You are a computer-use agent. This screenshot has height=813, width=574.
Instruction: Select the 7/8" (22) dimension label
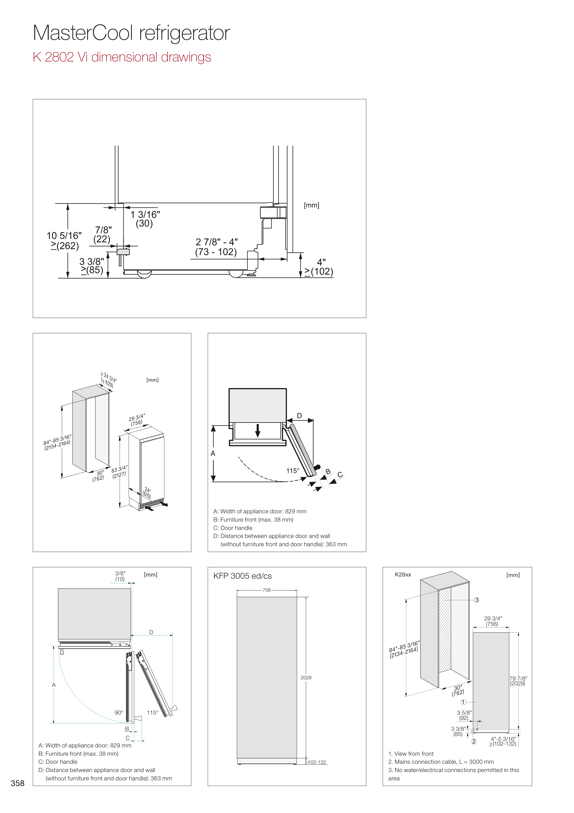pyautogui.click(x=103, y=234)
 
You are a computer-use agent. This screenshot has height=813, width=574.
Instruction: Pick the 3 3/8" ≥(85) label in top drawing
pyautogui.click(x=91, y=266)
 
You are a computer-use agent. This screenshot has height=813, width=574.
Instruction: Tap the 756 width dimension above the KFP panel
pyautogui.click(x=267, y=590)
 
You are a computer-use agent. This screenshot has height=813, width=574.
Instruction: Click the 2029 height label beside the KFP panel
pyautogui.click(x=306, y=677)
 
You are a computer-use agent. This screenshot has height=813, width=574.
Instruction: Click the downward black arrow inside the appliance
pyautogui.click(x=258, y=430)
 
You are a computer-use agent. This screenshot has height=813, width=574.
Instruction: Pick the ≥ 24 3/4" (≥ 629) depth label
pyautogui.click(x=108, y=380)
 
